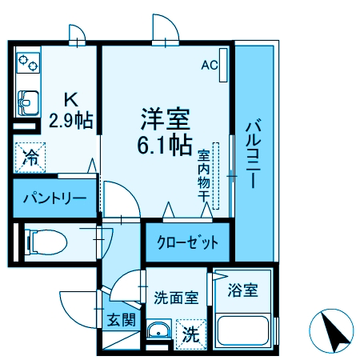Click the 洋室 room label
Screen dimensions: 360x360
[165, 121]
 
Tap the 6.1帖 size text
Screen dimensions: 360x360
[165, 146]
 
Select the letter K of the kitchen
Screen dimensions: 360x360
[70, 101]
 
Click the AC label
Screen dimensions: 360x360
[209, 66]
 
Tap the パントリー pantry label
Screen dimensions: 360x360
[54, 198]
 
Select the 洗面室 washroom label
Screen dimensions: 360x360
[176, 298]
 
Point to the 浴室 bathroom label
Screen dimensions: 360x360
[242, 290]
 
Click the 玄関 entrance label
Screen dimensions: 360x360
[122, 321]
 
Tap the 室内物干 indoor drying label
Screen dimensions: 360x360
[204, 176]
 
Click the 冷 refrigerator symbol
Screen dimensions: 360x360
[30, 158]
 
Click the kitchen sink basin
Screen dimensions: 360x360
[26, 102]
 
